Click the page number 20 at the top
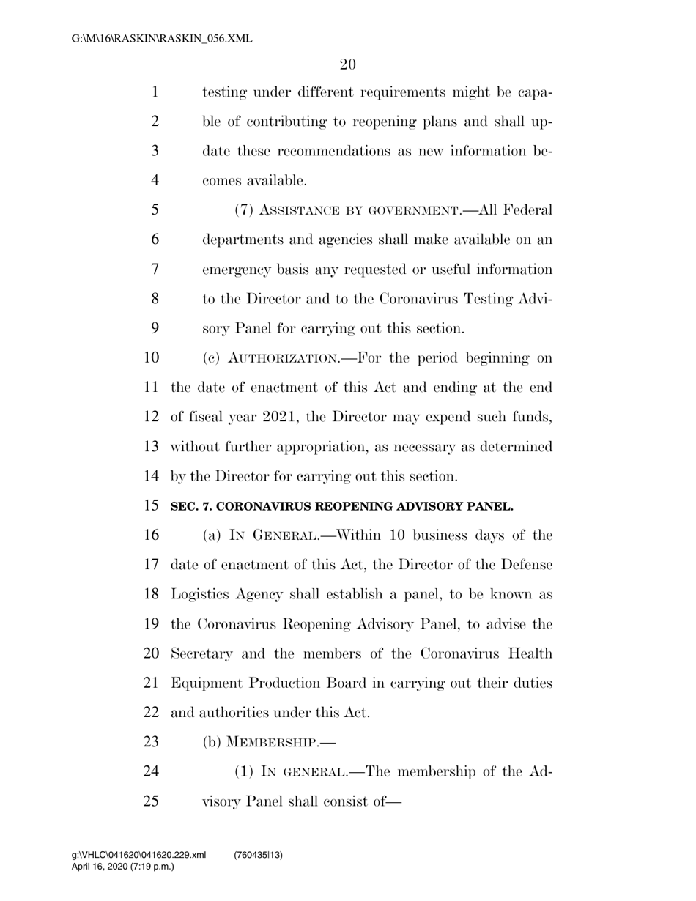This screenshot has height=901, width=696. (x=347, y=64)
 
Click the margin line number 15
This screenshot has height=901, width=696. (x=151, y=506)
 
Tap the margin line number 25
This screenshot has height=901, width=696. (x=151, y=801)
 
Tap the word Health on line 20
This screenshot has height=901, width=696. (x=529, y=653)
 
